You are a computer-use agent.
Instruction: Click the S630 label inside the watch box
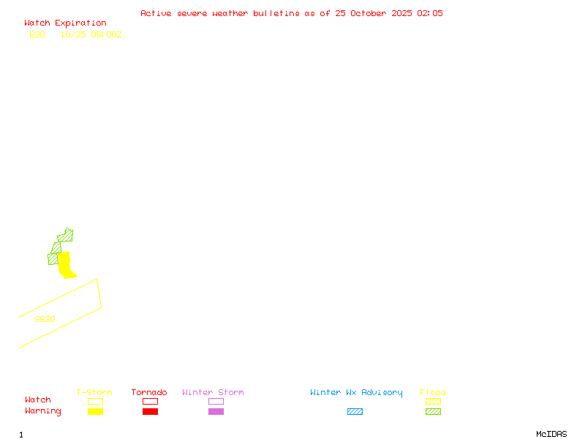[x=45, y=319]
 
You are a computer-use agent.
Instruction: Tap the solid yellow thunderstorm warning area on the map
[x=65, y=265]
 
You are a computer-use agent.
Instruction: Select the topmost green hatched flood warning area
[x=66, y=236]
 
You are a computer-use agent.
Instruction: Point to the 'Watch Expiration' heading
[x=65, y=23]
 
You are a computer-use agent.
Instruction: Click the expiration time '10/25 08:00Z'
[x=91, y=34]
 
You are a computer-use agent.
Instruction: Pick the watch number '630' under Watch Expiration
[x=37, y=34]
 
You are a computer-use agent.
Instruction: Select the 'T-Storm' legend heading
[x=94, y=393]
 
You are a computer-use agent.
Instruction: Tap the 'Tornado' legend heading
[x=149, y=393]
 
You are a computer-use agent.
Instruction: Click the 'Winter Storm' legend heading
[x=213, y=393]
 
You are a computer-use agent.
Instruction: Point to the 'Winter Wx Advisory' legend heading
[x=356, y=393]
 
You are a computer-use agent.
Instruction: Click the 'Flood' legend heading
[x=433, y=393]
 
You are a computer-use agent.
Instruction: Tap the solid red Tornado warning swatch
[x=150, y=411]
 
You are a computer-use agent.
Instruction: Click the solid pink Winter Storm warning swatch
[x=216, y=411]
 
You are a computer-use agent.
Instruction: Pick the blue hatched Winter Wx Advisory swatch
[x=355, y=411]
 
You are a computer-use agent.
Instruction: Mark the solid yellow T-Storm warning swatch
[x=95, y=411]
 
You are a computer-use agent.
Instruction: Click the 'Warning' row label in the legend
[x=43, y=411]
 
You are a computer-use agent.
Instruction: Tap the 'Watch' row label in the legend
[x=38, y=400]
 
